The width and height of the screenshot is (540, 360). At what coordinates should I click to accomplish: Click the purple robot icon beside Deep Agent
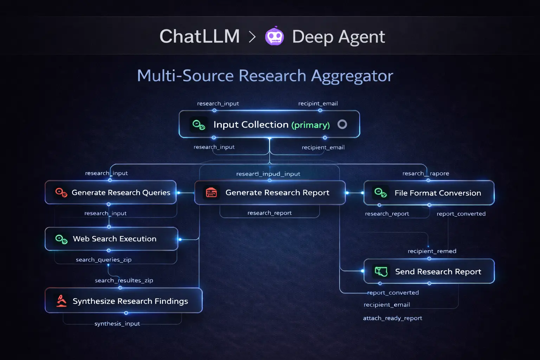click(x=274, y=36)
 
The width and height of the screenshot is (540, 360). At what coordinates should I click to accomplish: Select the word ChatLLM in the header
click(x=200, y=36)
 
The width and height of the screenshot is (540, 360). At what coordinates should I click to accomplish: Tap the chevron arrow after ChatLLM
click(x=252, y=37)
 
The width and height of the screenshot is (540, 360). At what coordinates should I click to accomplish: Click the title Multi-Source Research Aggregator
click(x=265, y=76)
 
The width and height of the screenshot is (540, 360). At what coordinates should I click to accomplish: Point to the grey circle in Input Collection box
click(x=342, y=124)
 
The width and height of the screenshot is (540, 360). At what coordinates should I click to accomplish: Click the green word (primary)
click(x=310, y=125)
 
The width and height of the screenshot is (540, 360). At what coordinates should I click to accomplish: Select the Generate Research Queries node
click(x=111, y=192)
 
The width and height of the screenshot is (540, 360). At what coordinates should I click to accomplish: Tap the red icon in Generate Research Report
click(x=211, y=192)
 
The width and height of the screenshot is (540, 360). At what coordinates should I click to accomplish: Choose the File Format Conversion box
click(x=429, y=193)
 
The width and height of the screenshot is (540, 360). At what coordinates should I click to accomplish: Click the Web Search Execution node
click(x=111, y=239)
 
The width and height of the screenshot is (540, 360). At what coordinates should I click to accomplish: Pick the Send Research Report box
click(x=429, y=271)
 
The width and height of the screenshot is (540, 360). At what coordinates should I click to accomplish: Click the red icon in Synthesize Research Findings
click(x=62, y=301)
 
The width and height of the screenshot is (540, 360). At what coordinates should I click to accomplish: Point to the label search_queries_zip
click(x=104, y=259)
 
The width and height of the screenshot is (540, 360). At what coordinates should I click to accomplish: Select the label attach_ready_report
click(x=392, y=318)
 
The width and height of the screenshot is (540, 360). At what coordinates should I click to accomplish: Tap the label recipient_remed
click(x=432, y=251)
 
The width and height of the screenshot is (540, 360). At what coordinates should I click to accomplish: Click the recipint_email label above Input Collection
click(x=318, y=103)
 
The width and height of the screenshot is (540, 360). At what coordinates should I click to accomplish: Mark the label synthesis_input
click(x=117, y=323)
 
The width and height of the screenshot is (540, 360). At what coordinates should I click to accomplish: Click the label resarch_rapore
click(x=425, y=173)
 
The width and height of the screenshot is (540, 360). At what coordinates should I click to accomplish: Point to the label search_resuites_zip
click(x=124, y=280)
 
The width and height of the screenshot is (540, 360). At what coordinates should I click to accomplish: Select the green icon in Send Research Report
click(x=381, y=271)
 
